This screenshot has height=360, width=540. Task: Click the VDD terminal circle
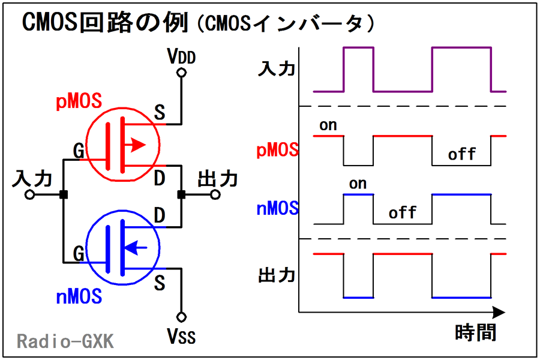click(181, 73)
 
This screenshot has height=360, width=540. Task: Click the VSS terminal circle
click(181, 316)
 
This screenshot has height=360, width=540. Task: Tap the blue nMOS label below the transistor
click(79, 296)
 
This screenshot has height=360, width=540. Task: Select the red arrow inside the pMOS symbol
click(138, 145)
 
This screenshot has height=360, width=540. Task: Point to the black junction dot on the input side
click(63, 195)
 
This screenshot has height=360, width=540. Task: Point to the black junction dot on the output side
click(181, 195)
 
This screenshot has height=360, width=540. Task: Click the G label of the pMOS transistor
click(79, 152)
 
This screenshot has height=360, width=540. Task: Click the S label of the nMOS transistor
click(160, 283)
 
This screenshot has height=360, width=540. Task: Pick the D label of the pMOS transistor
click(160, 178)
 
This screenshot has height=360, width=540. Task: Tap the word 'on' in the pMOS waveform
click(328, 125)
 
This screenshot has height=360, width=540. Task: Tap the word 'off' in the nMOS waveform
click(403, 213)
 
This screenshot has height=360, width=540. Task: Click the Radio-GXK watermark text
click(65, 341)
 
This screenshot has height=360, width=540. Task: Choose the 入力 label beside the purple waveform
click(277, 69)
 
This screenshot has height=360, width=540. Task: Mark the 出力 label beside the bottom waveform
click(277, 275)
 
